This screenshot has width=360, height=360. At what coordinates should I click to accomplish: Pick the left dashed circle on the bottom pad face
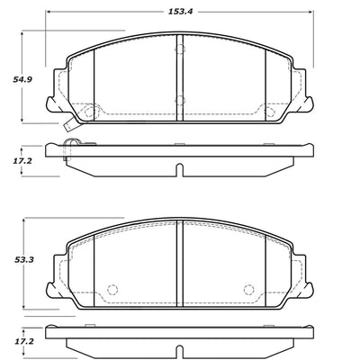tap(112, 290)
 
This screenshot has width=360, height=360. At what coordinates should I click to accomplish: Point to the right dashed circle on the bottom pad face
tap(248, 290)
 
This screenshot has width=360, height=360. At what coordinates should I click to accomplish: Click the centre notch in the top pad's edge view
tap(180, 171)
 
